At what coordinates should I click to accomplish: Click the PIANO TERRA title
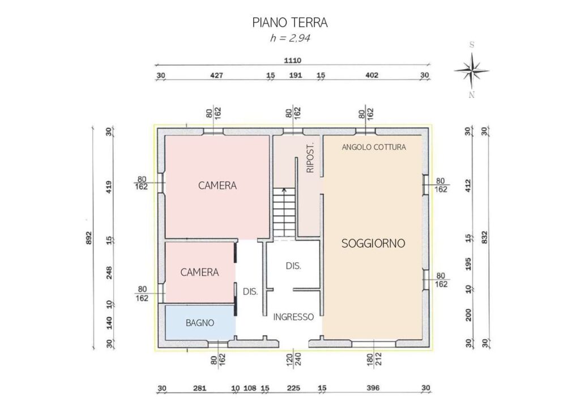pyautogui.click(x=290, y=23)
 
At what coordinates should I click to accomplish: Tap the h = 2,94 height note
pyautogui.click(x=290, y=38)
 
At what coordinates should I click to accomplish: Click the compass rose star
pyautogui.click(x=472, y=71)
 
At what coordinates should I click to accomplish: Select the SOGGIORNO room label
pyautogui.click(x=373, y=244)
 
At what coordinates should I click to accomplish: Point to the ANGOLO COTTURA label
pyautogui.click(x=374, y=147)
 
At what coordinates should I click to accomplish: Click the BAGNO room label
pyautogui.click(x=200, y=323)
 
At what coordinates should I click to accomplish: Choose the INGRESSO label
pyautogui.click(x=293, y=317)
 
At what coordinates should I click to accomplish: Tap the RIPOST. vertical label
pyautogui.click(x=310, y=157)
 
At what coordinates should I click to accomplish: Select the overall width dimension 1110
pyautogui.click(x=292, y=60)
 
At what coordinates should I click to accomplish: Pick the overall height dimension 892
pyautogui.click(x=88, y=238)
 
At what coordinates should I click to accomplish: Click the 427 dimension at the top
pyautogui.click(x=216, y=75)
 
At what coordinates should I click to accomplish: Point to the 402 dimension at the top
pyautogui.click(x=372, y=75)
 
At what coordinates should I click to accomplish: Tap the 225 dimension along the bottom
pyautogui.click(x=293, y=388)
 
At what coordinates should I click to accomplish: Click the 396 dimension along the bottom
pyautogui.click(x=373, y=388)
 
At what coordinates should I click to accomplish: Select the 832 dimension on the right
pyautogui.click(x=485, y=237)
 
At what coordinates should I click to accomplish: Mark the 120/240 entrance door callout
pyautogui.click(x=294, y=359)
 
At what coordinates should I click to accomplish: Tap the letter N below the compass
pyautogui.click(x=472, y=95)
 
